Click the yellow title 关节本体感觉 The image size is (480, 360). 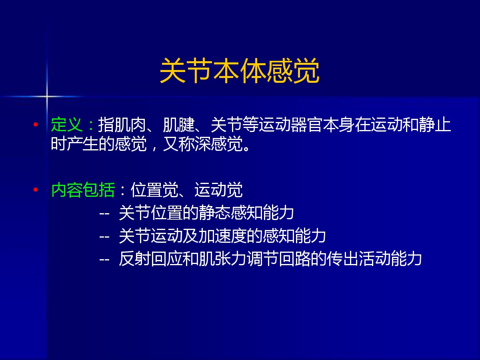(x=240, y=70)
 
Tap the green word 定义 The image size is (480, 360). (x=67, y=124)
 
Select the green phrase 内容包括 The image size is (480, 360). (x=83, y=190)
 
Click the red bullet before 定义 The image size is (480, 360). (x=36, y=124)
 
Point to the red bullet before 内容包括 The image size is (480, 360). (x=36, y=190)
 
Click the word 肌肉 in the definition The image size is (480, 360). (x=130, y=124)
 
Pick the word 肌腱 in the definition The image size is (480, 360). (x=179, y=124)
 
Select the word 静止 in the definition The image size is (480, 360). (x=435, y=124)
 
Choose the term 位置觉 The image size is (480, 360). (x=154, y=190)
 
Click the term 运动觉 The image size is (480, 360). (x=218, y=190)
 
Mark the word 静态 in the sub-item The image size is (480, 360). (x=215, y=213)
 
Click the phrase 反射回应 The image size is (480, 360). (x=151, y=259)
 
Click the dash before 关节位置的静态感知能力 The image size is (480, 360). (x=104, y=213)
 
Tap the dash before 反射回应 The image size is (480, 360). (x=104, y=260)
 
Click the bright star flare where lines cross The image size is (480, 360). (x=46, y=96)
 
